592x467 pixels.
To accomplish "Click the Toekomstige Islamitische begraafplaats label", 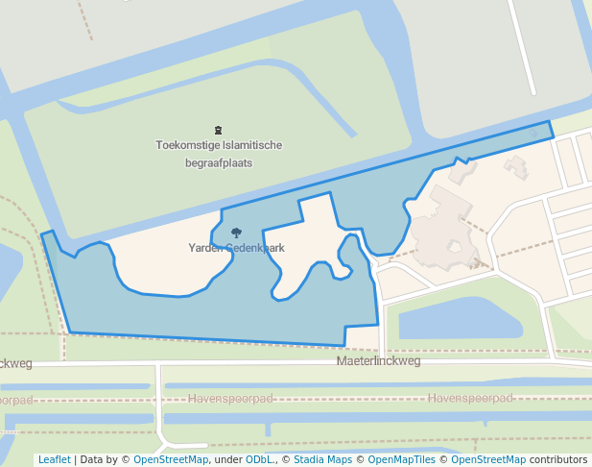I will pyautogui.click(x=219, y=154).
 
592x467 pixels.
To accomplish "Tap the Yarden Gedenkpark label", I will pyautogui.click(x=236, y=248).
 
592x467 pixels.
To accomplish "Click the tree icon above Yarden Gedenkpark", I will pyautogui.click(x=236, y=233).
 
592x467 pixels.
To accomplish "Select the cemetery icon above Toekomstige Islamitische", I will pyautogui.click(x=219, y=130).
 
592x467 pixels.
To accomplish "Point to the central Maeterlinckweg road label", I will pyautogui.click(x=378, y=361).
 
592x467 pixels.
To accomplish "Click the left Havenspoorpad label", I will pyautogui.click(x=230, y=398).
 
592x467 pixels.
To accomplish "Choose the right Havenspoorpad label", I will pyautogui.click(x=470, y=398).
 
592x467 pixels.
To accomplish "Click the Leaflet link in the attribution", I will pyautogui.click(x=54, y=459).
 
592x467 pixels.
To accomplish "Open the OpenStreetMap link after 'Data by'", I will pyautogui.click(x=171, y=459).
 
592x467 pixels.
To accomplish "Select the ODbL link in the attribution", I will pyautogui.click(x=259, y=459).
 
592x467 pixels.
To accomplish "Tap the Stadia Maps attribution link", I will pyautogui.click(x=322, y=459).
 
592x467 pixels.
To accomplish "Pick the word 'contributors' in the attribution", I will pyautogui.click(x=558, y=459).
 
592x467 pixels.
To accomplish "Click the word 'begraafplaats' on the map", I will pyautogui.click(x=219, y=162).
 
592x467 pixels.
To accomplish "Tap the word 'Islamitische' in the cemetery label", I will pyautogui.click(x=252, y=145).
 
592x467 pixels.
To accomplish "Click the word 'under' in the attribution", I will pyautogui.click(x=228, y=459).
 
